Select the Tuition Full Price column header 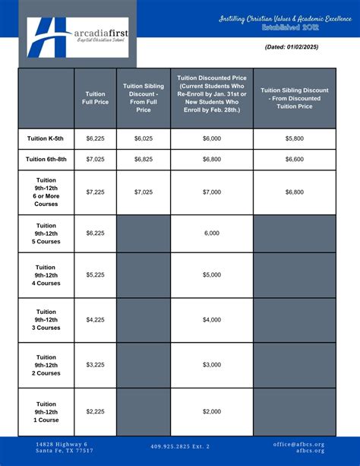point(95,99)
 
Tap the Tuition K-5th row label point(46,138)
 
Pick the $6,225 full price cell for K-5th point(95,138)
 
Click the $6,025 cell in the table point(144,138)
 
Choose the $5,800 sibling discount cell point(295,138)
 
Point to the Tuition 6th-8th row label point(46,160)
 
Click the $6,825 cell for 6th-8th point(144,160)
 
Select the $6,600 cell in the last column point(295,160)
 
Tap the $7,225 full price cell point(95,192)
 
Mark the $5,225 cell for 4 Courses point(95,274)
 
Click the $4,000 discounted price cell point(211,320)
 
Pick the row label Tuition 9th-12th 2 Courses point(46,365)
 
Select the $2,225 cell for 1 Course point(95,411)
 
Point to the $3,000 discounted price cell point(211,365)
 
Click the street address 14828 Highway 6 point(62,443)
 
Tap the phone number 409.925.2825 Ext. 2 point(180,446)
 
